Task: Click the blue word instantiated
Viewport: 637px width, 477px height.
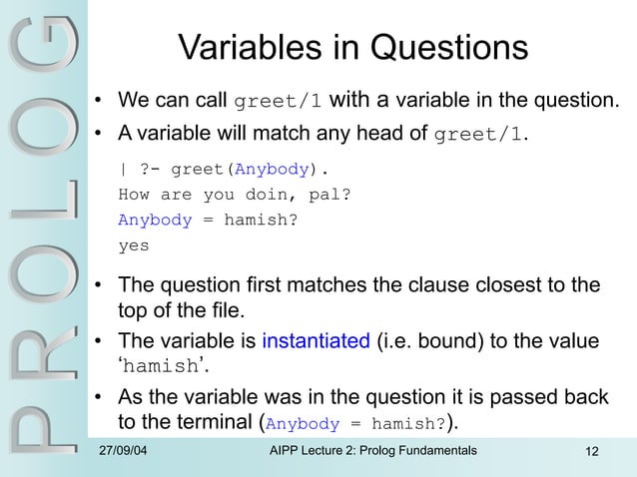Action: click(x=316, y=341)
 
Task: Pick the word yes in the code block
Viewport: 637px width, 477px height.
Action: click(x=134, y=243)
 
